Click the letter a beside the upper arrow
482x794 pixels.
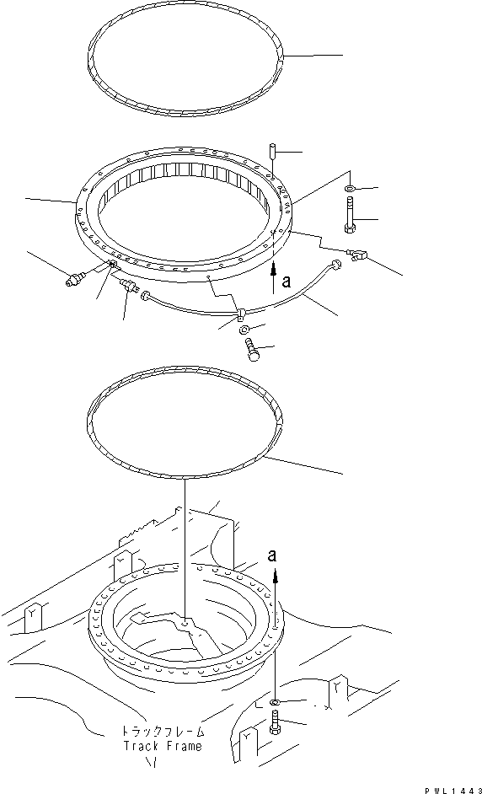287,283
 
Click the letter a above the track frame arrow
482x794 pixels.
271,555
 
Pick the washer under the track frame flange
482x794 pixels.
277,702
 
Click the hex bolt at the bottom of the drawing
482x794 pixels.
276,722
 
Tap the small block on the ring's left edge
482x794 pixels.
111,266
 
